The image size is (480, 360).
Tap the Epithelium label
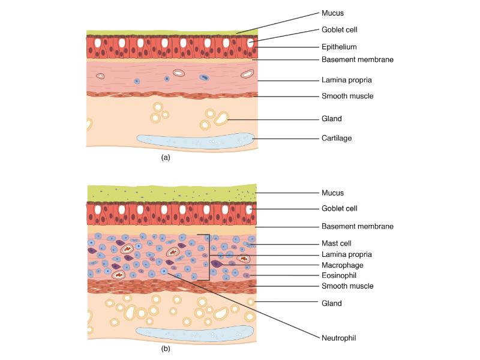click(x=340, y=46)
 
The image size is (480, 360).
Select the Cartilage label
click(x=337, y=138)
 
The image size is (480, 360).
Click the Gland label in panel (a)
click(x=332, y=119)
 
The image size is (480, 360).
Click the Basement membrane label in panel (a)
click(x=358, y=60)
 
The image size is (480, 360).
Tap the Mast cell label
click(x=337, y=244)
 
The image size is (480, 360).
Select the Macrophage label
click(x=343, y=265)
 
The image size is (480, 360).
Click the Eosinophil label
click(x=340, y=275)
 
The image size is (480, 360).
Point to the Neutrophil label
click(x=339, y=338)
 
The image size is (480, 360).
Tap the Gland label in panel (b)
click(x=332, y=303)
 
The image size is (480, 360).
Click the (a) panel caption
click(x=166, y=158)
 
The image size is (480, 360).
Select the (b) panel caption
click(x=166, y=348)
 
